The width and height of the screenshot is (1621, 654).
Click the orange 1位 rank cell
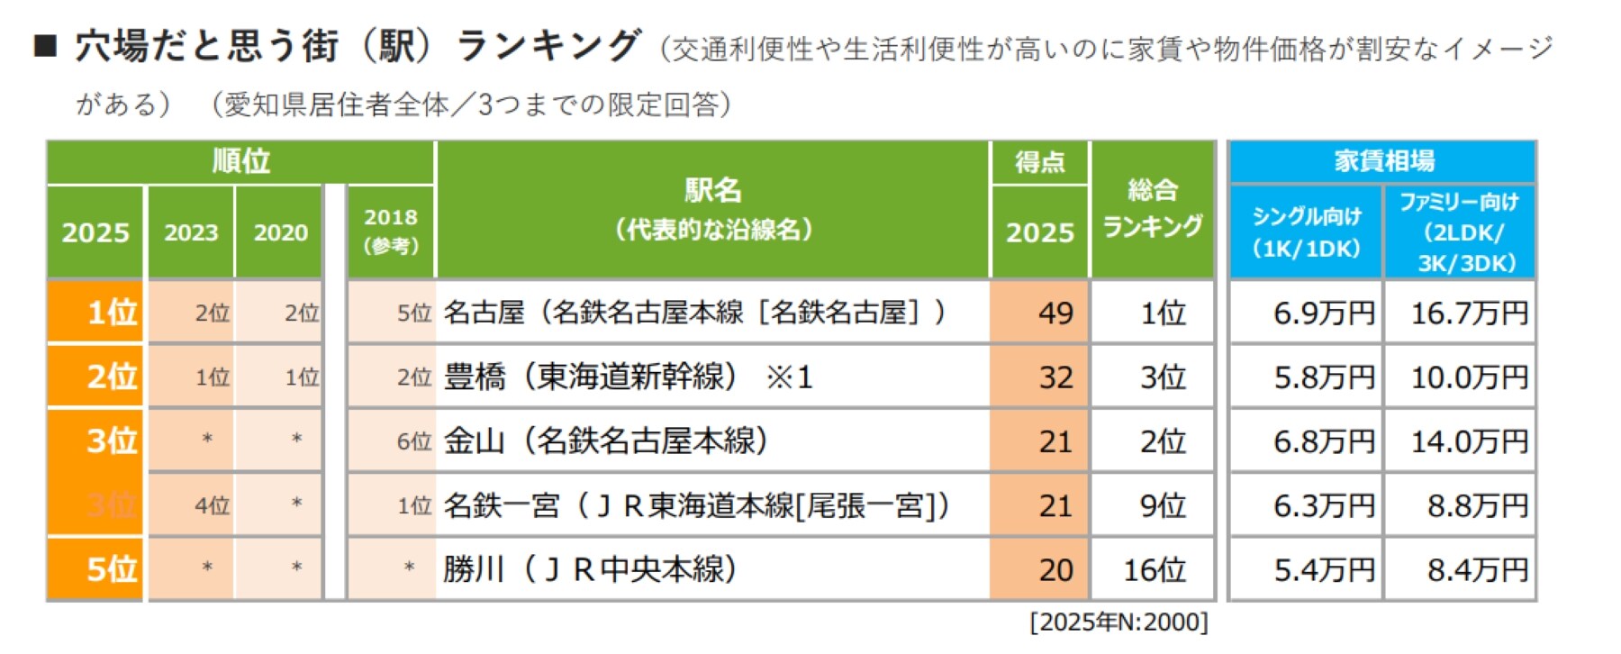[x=95, y=313]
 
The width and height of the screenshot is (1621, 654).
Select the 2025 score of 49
[x=1039, y=313]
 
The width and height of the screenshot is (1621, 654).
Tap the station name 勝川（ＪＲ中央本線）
[x=591, y=569]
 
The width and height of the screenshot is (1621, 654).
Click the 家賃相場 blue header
[x=1383, y=161]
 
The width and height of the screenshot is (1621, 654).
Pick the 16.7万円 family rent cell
[x=1460, y=313]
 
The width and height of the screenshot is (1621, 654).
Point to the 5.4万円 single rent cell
[x=1306, y=569]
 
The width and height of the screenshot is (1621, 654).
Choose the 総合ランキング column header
[x=1153, y=209]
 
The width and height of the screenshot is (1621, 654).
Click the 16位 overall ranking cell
[x=1153, y=569]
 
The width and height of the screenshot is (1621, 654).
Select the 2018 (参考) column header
[x=391, y=231]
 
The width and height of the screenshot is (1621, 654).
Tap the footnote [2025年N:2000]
[x=1119, y=622]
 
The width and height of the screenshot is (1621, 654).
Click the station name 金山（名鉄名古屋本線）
[x=605, y=441]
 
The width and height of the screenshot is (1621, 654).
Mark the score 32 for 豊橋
[x=1039, y=377]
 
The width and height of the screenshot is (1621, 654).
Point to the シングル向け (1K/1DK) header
[x=1306, y=232]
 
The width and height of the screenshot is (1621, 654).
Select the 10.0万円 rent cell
[x=1460, y=377]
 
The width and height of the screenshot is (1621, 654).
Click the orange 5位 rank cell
[x=95, y=569]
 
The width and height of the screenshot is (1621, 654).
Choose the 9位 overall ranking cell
[x=1153, y=505]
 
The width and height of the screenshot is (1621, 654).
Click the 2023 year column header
[x=191, y=232]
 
